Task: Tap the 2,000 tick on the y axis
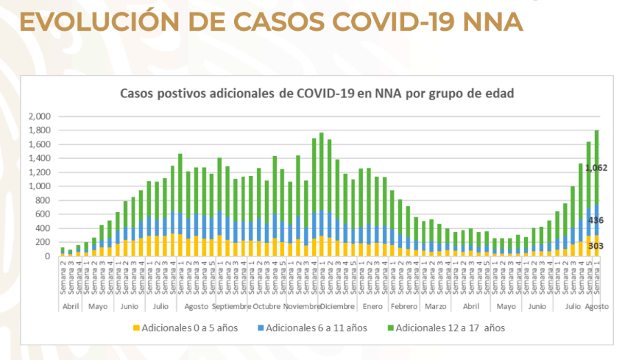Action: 38,116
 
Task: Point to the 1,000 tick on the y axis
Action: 38,186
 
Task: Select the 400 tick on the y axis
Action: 42,228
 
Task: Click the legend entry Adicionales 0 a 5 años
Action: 187,326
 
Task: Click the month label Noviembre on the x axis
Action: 303,306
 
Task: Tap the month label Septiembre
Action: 232,306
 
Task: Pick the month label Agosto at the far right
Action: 597,306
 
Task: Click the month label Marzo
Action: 435,306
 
